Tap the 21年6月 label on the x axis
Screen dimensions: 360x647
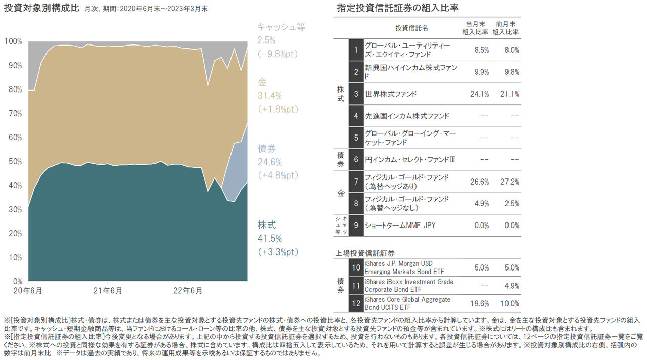(x=108, y=291)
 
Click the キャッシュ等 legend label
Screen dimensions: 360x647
(x=281, y=27)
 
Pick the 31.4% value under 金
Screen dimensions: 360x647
(x=270, y=96)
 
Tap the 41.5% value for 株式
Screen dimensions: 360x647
(x=270, y=238)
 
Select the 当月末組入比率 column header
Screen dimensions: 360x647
(x=475, y=28)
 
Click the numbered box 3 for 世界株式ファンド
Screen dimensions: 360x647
(x=356, y=94)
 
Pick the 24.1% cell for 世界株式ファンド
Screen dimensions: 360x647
(x=479, y=94)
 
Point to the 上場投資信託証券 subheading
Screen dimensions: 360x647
(x=365, y=252)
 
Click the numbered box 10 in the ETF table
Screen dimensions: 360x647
(x=356, y=267)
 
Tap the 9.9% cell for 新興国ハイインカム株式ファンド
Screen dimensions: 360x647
(x=481, y=72)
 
